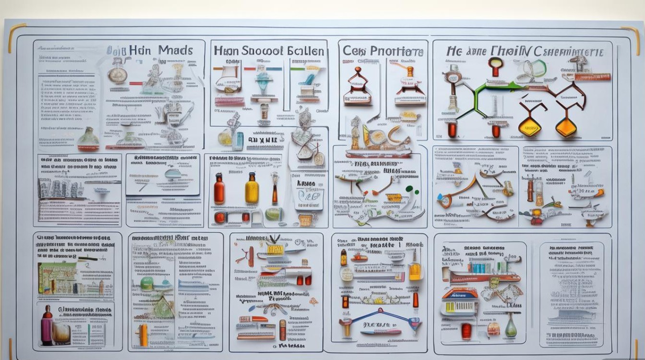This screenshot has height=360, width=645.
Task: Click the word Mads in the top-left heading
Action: [x=175, y=50]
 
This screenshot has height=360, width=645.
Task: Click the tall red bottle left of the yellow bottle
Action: [x=219, y=189]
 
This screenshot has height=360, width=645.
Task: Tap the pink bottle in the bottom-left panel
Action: [x=47, y=326]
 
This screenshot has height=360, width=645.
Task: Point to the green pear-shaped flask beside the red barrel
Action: [x=511, y=328]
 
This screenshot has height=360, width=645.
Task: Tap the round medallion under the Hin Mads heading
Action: [x=117, y=74]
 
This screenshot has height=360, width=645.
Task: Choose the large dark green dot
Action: [x=409, y=189]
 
